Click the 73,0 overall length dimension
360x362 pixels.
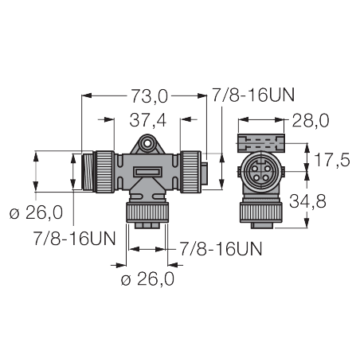150,96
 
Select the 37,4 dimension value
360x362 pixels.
147,120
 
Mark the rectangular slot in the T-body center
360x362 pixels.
146,172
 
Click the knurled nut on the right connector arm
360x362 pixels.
191,171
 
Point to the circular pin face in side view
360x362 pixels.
262,173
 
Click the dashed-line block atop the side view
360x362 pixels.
261,143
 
